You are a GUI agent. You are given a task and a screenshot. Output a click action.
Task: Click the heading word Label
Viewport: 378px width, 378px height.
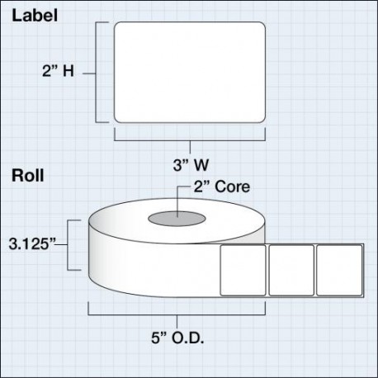coord(35,15)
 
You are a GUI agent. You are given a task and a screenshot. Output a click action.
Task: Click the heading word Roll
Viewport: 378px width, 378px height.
coord(28,175)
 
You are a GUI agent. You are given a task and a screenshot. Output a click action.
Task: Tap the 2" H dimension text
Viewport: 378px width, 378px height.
coord(58,71)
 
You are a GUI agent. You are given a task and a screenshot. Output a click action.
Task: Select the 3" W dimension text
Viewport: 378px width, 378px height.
coord(191,165)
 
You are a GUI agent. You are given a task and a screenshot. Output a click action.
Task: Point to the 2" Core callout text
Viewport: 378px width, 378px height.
coord(222,187)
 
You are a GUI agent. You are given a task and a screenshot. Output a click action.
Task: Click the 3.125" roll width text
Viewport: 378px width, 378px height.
coord(32,243)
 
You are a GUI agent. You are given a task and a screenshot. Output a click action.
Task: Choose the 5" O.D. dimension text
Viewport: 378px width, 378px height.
coord(177,338)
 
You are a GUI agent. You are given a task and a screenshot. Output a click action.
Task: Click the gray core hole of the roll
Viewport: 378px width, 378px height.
coord(177,219)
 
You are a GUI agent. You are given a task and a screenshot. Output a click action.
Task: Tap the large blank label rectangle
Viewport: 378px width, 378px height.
coord(190,73)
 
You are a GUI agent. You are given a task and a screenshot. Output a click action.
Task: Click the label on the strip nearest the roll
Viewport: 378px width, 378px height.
coord(243,271)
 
